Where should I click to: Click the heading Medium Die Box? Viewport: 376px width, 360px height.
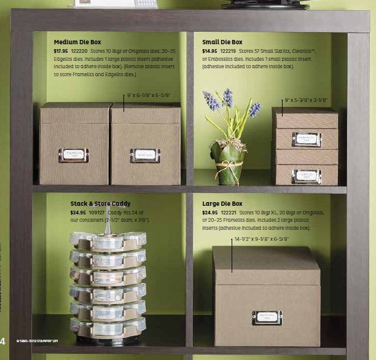77,42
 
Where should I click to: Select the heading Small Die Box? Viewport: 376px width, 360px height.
222,42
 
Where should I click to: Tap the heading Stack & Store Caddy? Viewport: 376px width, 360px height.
100,203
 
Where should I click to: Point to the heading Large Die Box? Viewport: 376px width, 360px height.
222,203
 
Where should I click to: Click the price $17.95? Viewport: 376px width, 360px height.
61,51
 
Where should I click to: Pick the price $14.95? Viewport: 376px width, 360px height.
210,51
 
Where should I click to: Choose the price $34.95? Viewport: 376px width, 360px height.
77,213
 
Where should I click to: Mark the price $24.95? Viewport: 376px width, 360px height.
210,213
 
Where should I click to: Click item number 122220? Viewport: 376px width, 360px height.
79,51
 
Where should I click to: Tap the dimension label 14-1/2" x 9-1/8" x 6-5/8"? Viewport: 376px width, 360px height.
260,238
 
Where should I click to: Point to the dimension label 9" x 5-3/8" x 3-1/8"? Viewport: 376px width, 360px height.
306,100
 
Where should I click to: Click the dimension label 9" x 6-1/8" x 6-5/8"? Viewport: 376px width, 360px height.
149,95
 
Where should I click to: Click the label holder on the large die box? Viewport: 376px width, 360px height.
267,318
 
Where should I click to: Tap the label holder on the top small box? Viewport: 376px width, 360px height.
306,139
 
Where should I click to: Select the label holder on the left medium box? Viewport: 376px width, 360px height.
73,155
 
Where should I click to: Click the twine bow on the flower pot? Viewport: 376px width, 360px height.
228,164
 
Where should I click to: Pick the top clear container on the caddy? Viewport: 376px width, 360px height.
108,239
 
